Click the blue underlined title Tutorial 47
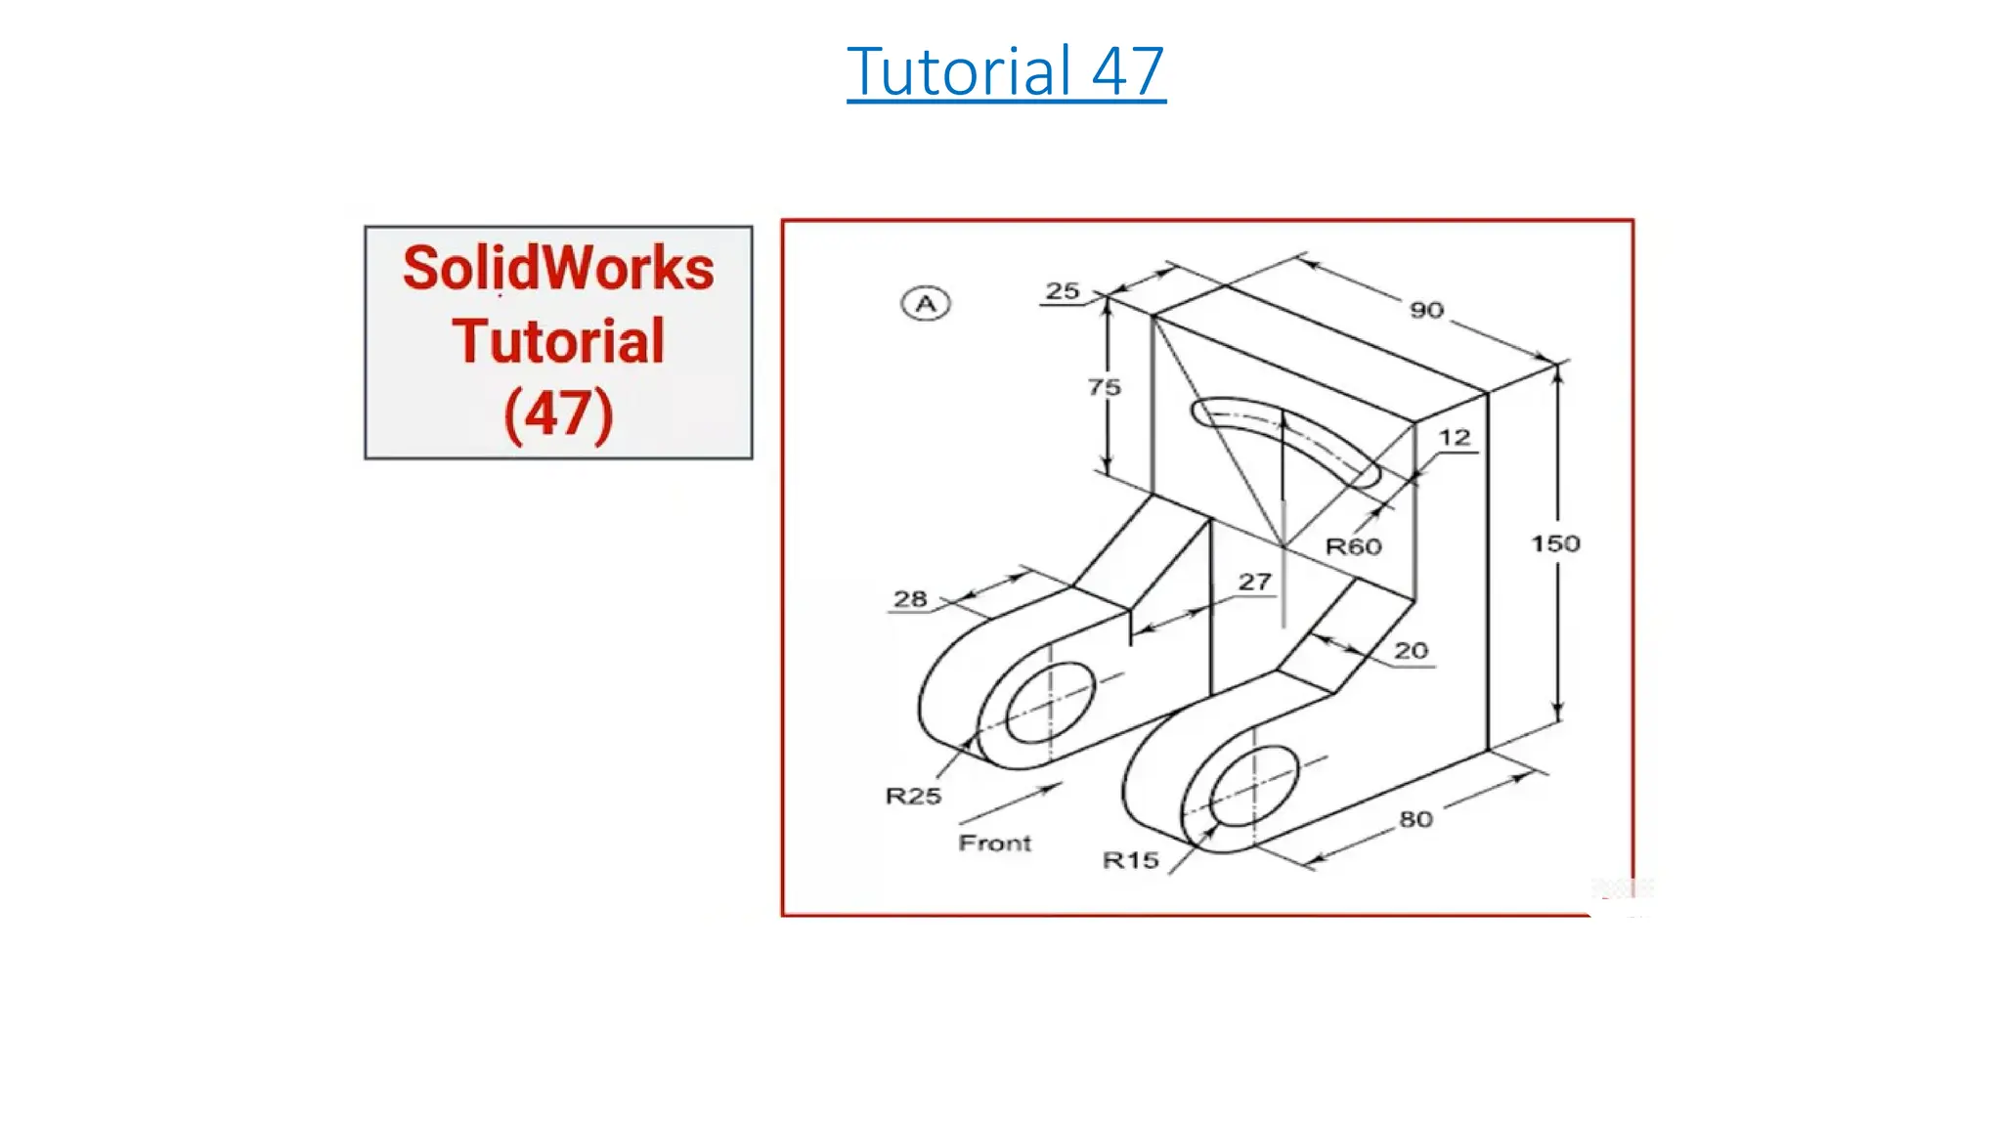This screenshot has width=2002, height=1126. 1006,71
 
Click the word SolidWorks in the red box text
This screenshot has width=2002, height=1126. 558,269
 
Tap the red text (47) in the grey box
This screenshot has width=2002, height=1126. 558,413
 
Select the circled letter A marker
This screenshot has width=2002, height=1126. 925,304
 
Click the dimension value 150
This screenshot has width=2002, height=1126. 1554,543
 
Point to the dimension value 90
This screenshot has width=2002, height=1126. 1426,311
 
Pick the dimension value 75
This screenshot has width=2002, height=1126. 1105,387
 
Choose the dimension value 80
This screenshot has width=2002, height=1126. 1415,819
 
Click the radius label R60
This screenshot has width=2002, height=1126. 1353,546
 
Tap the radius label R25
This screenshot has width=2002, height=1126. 913,796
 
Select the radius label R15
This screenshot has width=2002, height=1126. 1130,860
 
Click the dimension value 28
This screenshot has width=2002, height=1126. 910,598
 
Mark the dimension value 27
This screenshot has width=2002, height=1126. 1254,582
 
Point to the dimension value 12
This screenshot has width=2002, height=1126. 1455,437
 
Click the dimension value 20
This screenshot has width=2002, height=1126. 1411,650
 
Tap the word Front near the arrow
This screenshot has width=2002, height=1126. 994,843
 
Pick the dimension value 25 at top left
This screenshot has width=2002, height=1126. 1063,290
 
